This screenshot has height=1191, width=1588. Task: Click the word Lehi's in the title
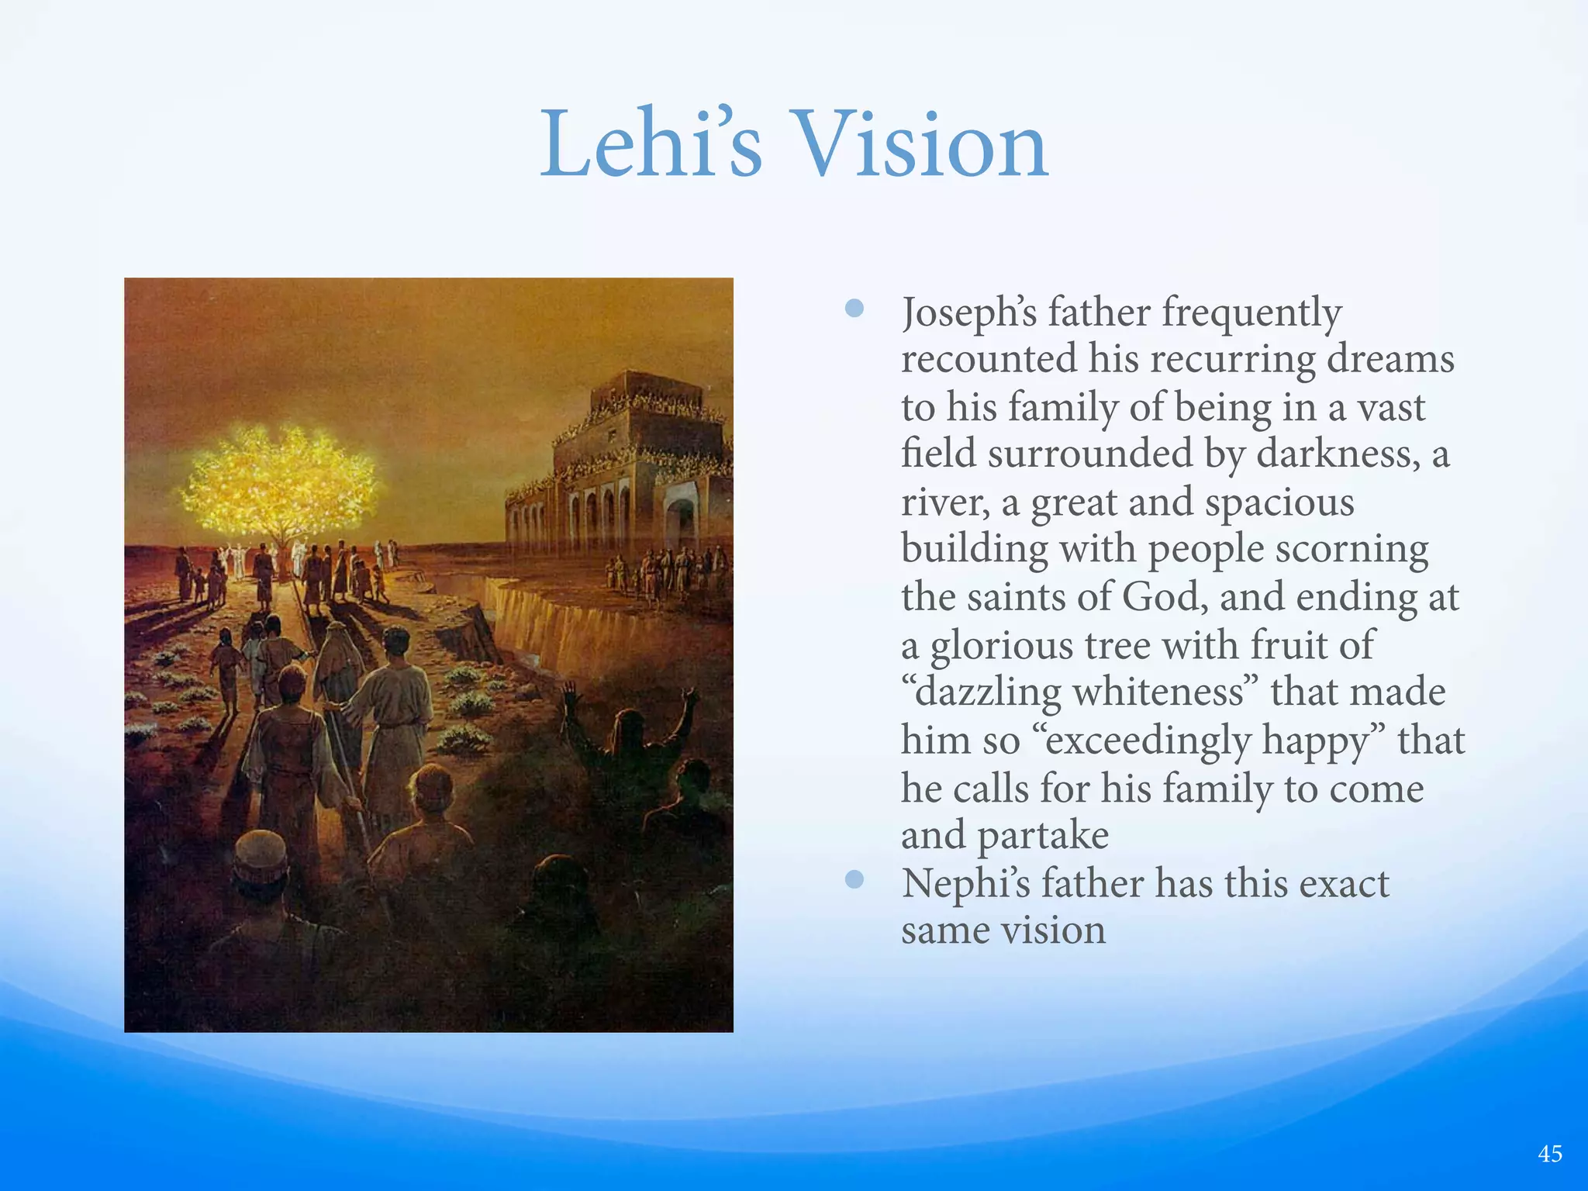651,144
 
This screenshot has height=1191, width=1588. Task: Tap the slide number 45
1549,1155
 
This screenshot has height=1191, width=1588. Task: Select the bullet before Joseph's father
854,309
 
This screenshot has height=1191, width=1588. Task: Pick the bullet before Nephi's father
854,879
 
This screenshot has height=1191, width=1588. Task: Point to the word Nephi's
966,884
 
